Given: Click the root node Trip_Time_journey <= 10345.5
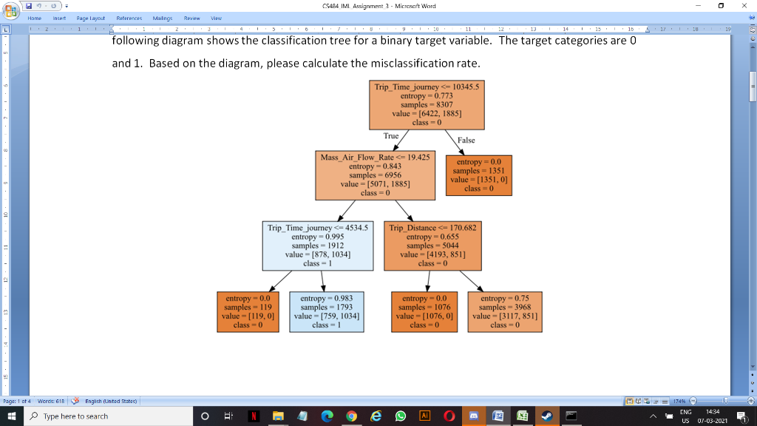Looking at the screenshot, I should click(427, 104).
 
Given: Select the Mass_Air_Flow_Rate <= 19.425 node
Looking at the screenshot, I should click(375, 175).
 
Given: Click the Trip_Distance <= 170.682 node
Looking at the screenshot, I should click(432, 245).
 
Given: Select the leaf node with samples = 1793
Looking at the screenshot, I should click(325, 311).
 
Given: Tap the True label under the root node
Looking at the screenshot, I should click(391, 136).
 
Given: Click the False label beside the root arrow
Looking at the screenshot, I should click(466, 140).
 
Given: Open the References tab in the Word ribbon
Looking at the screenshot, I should click(130, 17).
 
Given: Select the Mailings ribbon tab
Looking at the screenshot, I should click(163, 17).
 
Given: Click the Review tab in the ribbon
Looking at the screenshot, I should click(193, 17).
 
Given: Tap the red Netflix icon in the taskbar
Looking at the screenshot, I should click(253, 416).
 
